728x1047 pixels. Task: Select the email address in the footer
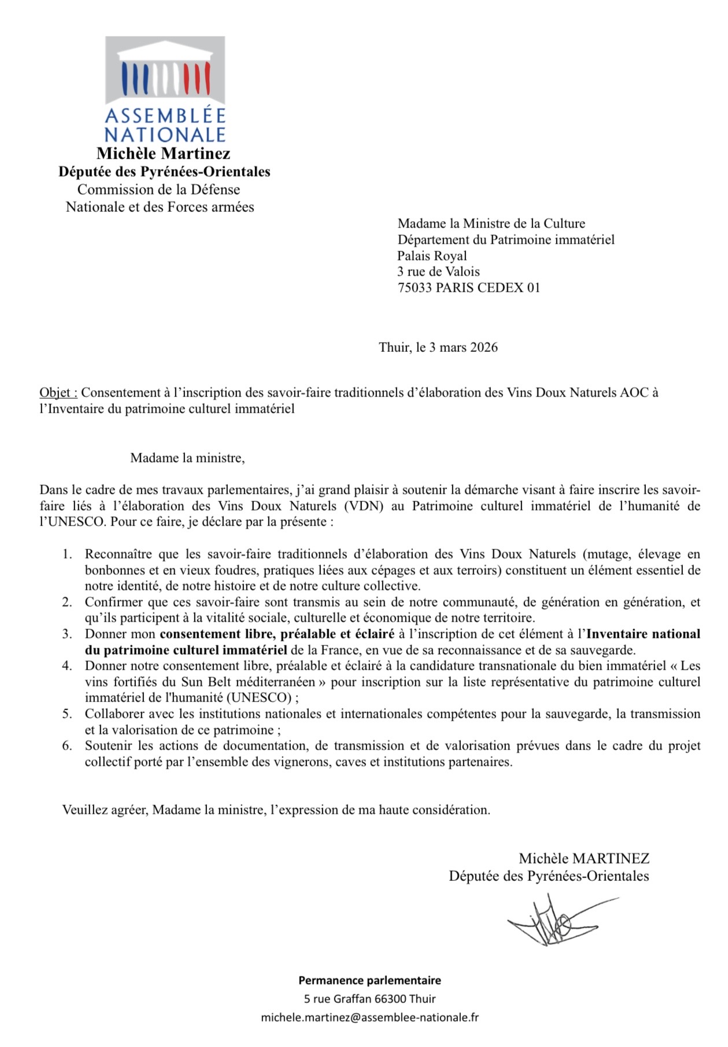(369, 1017)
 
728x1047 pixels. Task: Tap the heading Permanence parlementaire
(369, 980)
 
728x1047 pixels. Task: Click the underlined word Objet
(58, 392)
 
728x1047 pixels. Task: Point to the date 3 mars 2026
(463, 347)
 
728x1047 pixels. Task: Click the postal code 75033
(415, 288)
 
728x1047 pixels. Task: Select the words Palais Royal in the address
(432, 256)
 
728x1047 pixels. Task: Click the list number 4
(68, 666)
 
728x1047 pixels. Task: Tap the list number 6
(68, 745)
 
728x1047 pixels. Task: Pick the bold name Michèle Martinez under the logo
(164, 153)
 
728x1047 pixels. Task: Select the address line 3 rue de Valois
(438, 271)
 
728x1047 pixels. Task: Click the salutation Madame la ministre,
(187, 458)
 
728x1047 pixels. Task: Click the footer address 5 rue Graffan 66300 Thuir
(369, 998)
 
